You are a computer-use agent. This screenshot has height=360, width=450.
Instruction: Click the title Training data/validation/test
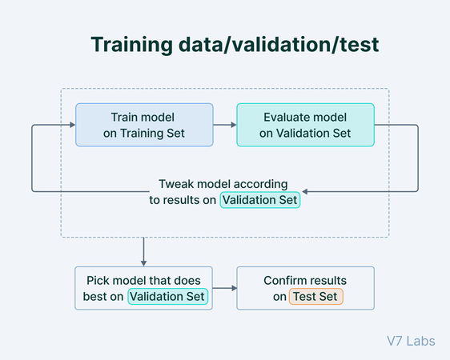(234, 45)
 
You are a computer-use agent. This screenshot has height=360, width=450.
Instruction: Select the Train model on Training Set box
(144, 125)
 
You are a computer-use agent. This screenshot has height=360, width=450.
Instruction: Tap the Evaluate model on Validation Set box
(305, 125)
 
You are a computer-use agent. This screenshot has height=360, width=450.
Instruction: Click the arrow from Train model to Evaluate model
(224, 125)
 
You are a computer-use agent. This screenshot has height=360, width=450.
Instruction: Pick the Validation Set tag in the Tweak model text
(260, 200)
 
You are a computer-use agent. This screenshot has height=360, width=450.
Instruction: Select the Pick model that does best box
(144, 289)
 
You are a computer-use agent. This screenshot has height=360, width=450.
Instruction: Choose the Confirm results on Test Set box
(305, 289)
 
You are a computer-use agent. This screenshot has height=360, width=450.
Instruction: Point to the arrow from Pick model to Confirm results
(224, 289)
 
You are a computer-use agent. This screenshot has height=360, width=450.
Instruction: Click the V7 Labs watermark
(409, 341)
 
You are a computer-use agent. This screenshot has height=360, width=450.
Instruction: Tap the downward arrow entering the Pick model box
(143, 260)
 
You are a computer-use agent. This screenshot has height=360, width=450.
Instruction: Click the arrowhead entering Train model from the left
(71, 125)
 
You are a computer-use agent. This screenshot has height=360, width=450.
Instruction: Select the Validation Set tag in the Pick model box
(168, 297)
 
